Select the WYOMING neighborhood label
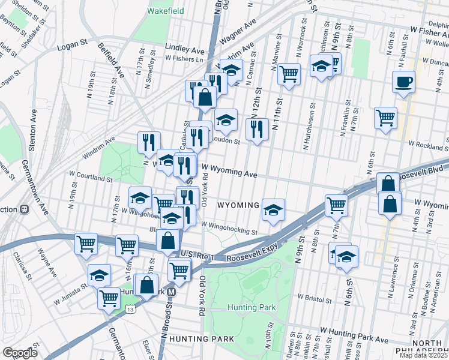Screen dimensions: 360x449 (238, 205)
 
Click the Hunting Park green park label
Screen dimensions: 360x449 (252, 308)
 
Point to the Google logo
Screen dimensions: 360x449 (20, 352)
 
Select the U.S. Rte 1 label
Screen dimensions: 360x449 (197, 255)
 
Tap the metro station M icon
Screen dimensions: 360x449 (171, 292)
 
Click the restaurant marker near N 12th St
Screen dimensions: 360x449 (256, 128)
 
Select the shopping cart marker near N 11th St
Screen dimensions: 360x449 (289, 74)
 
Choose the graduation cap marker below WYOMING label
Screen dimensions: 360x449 (273, 210)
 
